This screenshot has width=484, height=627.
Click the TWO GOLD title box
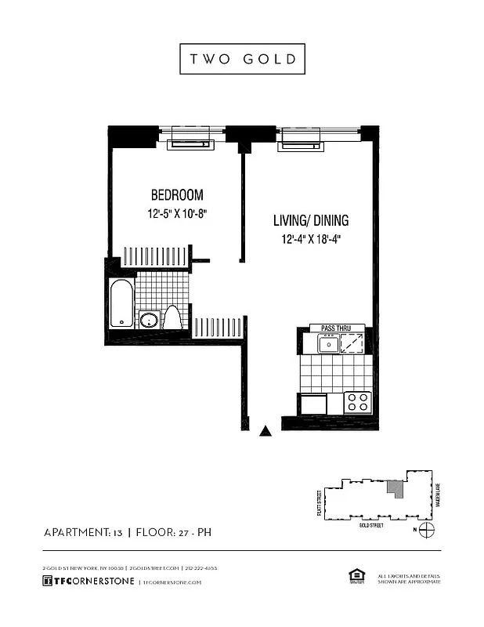click(241, 59)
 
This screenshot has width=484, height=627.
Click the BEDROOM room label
click(177, 195)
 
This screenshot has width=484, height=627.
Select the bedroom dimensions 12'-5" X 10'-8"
click(177, 213)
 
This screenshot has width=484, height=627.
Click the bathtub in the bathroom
click(121, 303)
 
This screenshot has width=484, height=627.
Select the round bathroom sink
click(148, 320)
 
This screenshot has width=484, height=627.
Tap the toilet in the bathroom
click(172, 317)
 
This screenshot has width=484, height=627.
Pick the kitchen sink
click(327, 343)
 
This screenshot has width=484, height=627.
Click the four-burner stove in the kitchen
click(357, 402)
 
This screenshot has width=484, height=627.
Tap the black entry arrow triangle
click(266, 429)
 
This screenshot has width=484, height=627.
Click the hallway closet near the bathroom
click(219, 327)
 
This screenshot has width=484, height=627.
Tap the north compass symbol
click(426, 531)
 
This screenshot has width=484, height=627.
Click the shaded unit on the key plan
click(396, 488)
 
